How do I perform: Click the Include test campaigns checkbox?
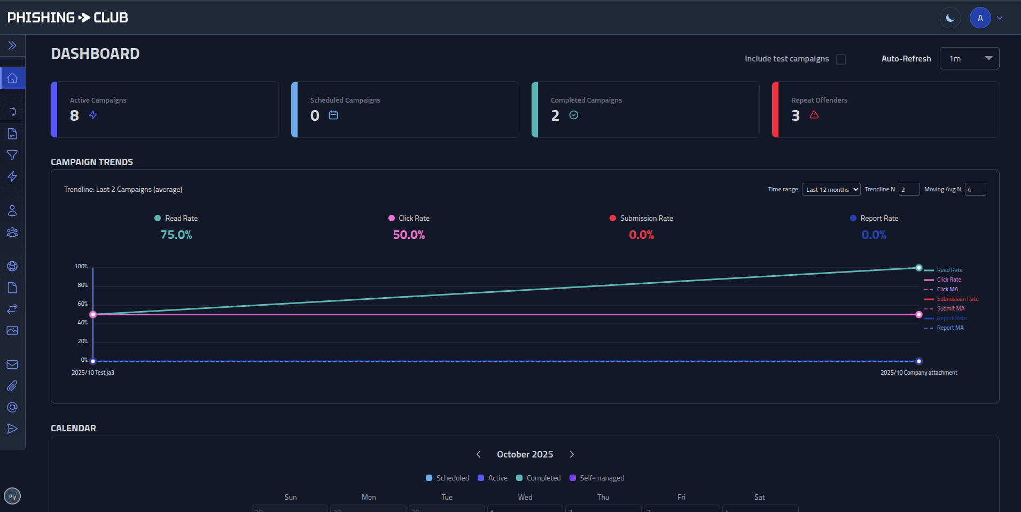pos(841,59)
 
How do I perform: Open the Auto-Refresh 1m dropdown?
pos(969,59)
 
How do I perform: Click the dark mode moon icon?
pos(950,18)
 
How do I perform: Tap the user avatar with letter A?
pos(980,18)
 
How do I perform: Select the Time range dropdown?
pos(831,190)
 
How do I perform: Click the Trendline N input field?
pos(909,190)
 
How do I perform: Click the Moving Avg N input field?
pos(975,190)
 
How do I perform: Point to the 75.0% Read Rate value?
pos(176,235)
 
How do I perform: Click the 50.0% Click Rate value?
pos(409,235)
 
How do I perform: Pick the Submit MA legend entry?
pos(950,309)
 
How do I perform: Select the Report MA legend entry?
pos(950,328)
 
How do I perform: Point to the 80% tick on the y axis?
pos(82,285)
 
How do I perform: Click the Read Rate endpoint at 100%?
pos(919,268)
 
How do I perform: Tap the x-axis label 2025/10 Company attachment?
pos(919,373)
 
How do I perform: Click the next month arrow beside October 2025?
pos(572,454)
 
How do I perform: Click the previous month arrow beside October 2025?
pos(479,454)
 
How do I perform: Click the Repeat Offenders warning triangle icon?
pos(814,115)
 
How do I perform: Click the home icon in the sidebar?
pos(12,79)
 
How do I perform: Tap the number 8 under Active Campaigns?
pos(74,115)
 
